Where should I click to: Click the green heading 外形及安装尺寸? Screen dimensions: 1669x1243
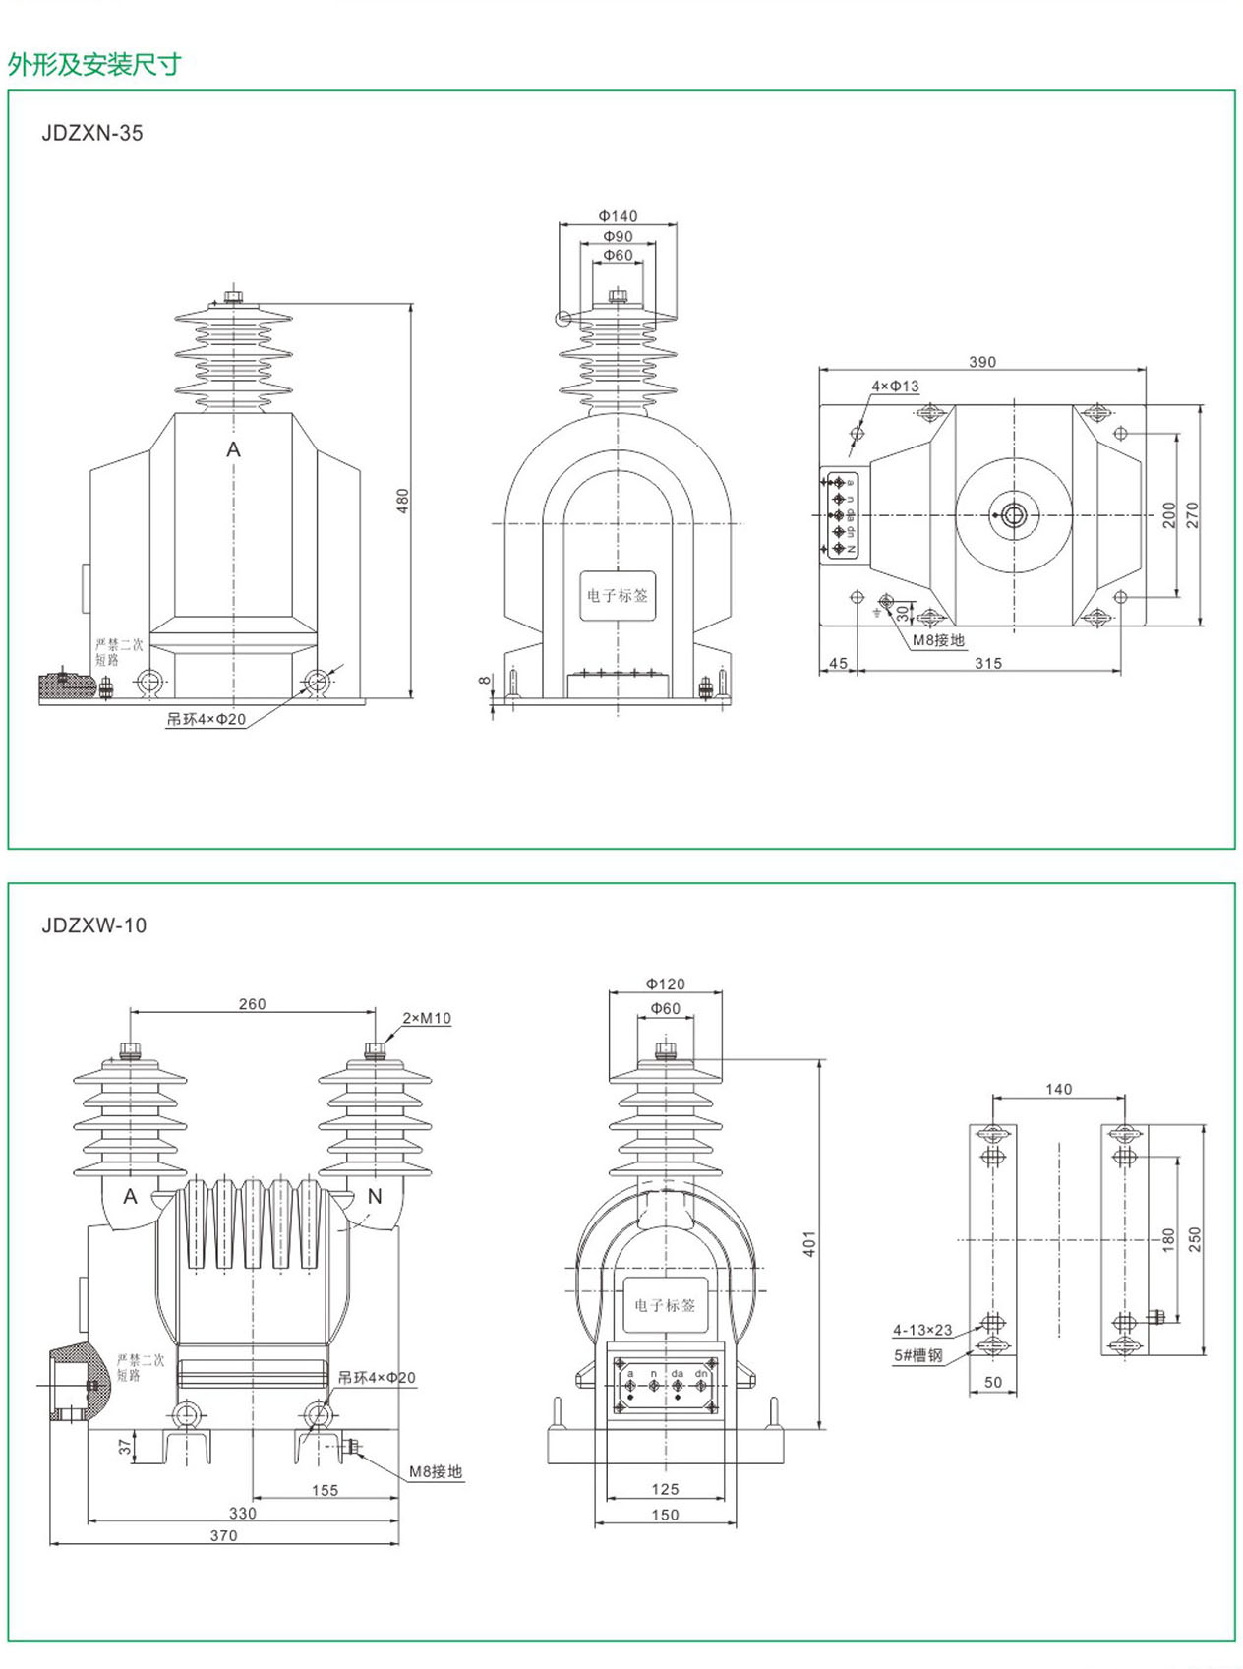(94, 65)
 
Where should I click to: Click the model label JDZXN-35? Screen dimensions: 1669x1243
(92, 133)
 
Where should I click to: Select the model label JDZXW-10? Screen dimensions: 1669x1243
(94, 925)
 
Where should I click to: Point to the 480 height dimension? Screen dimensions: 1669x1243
(402, 501)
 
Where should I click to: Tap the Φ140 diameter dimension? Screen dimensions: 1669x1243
(618, 216)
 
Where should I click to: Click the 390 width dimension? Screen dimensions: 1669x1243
(982, 362)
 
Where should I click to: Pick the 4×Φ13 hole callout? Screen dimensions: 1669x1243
(895, 387)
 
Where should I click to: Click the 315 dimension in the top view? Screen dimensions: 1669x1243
(988, 663)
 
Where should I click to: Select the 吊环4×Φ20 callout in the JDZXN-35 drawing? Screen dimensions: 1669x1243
(206, 719)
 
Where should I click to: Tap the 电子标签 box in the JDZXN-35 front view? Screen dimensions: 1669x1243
(618, 595)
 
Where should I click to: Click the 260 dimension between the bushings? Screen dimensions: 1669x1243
(252, 1004)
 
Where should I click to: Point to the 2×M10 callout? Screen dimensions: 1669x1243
(427, 1018)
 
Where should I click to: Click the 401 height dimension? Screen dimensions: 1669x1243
(809, 1243)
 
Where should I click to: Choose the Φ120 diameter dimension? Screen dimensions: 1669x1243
(666, 984)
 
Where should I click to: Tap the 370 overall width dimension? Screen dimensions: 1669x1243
(223, 1535)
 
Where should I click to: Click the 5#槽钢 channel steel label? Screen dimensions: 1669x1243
(917, 1355)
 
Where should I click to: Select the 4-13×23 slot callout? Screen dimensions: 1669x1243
(922, 1330)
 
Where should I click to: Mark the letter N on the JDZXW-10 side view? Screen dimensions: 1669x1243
(375, 1196)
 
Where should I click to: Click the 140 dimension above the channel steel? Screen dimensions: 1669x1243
(1059, 1089)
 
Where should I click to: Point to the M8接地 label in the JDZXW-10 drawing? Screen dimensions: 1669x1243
(436, 1471)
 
